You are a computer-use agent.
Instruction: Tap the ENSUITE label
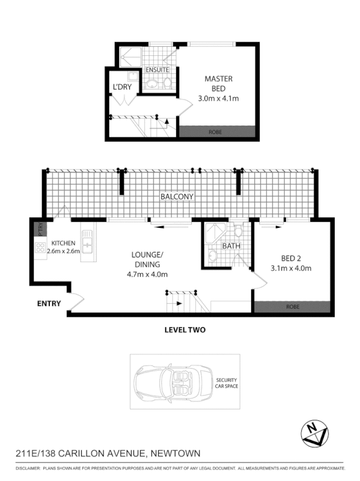coord(157,70)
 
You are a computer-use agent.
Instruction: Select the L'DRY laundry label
coord(122,87)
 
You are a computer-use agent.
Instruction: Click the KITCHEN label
coord(63,243)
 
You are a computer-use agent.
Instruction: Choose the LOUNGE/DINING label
coord(147,259)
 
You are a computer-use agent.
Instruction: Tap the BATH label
coord(231,247)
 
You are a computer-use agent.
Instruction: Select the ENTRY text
coord(49,304)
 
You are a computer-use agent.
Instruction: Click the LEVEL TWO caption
coord(185,330)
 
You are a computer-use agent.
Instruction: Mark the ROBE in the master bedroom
coord(218,131)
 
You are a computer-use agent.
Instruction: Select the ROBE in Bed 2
coord(292,307)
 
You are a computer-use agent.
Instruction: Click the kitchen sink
coord(87,244)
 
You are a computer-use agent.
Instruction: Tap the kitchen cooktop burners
coord(40,247)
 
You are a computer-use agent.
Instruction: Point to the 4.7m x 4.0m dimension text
coord(147,274)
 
